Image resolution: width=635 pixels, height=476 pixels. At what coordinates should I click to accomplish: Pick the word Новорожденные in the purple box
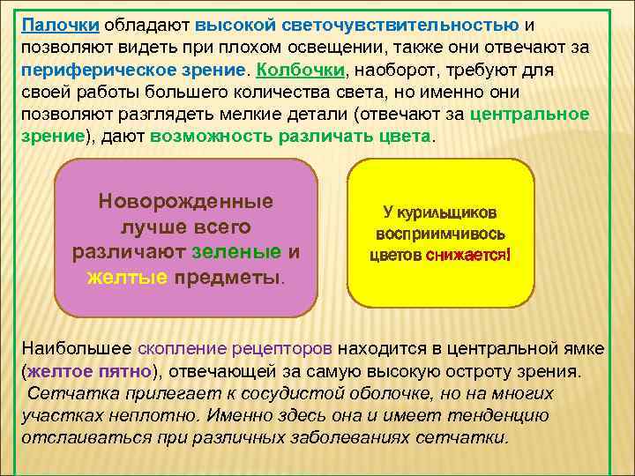tap(186, 200)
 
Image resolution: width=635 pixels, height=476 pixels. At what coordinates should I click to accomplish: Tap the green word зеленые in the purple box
tap(235, 252)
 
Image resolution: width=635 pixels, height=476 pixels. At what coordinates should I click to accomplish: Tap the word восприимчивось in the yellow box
tap(441, 235)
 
